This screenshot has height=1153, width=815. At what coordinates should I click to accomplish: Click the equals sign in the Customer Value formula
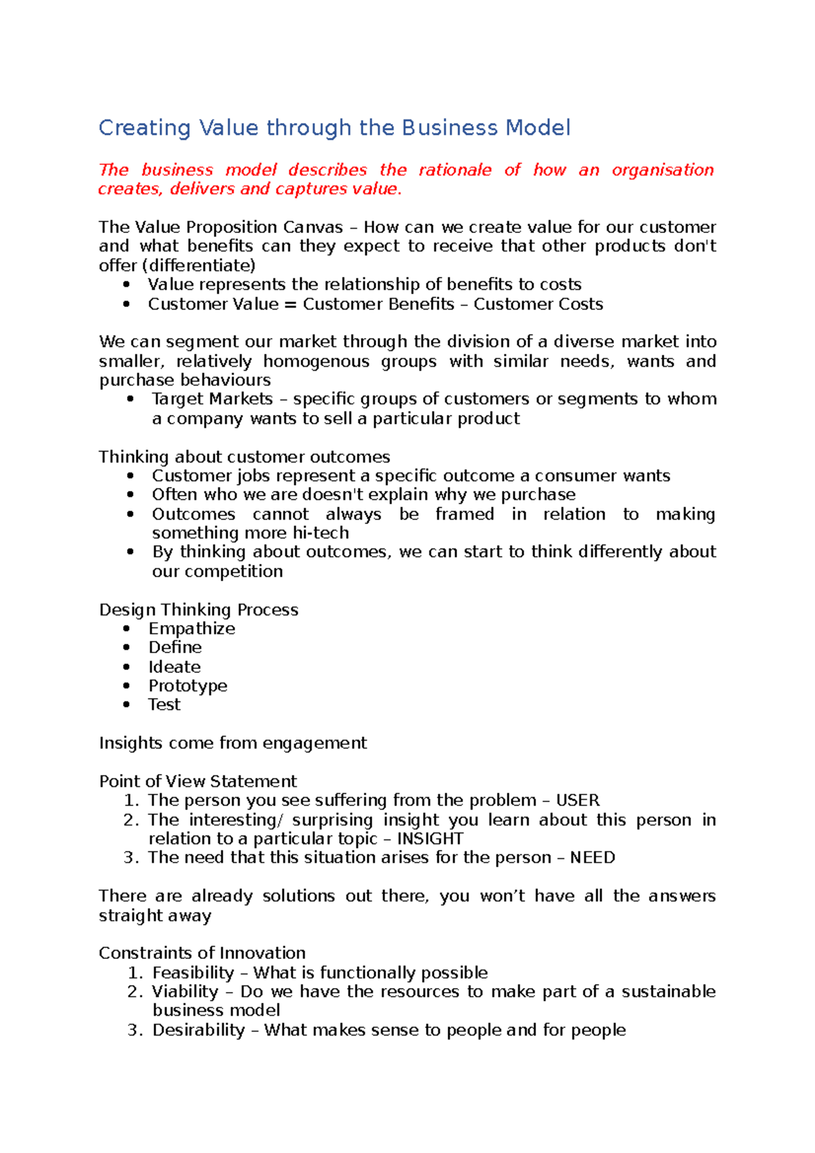[290, 304]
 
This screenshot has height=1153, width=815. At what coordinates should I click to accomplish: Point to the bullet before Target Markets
[130, 399]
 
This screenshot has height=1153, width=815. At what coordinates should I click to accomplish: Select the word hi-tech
[321, 533]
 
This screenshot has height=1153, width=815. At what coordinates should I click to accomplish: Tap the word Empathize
[192, 629]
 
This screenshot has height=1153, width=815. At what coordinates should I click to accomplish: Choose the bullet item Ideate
[175, 667]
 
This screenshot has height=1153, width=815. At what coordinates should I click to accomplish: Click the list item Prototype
[187, 686]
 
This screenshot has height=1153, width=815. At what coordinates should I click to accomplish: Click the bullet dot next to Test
[126, 705]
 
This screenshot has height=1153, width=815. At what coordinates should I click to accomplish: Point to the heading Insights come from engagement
[232, 743]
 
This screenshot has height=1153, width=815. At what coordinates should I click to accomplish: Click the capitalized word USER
[577, 801]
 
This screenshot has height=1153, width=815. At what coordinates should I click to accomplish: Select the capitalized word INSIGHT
[430, 839]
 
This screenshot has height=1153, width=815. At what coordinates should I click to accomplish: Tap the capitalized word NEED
[592, 858]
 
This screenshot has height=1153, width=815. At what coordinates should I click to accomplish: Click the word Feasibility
[193, 973]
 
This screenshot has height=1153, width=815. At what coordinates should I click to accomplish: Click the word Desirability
[198, 1030]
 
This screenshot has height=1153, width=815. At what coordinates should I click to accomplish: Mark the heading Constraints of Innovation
[202, 953]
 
